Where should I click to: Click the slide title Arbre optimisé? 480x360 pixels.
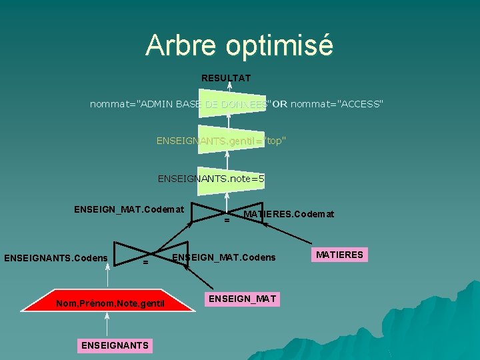(x=239, y=45)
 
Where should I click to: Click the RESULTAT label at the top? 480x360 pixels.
(x=226, y=78)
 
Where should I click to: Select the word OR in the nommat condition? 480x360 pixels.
(x=280, y=104)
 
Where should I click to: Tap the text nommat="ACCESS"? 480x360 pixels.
(x=337, y=104)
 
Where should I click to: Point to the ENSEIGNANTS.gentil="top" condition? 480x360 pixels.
(x=221, y=141)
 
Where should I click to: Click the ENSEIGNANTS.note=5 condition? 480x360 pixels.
(x=211, y=178)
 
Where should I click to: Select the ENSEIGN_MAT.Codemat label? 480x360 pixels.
(x=129, y=209)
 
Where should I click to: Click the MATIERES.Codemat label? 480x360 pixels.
(x=289, y=214)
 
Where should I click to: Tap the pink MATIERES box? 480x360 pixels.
(x=339, y=254)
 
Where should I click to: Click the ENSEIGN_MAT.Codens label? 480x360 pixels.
(x=223, y=257)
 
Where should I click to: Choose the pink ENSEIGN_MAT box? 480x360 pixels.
(x=243, y=298)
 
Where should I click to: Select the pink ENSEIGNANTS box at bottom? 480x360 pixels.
(x=115, y=345)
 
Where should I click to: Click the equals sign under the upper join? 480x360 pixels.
(x=227, y=220)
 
